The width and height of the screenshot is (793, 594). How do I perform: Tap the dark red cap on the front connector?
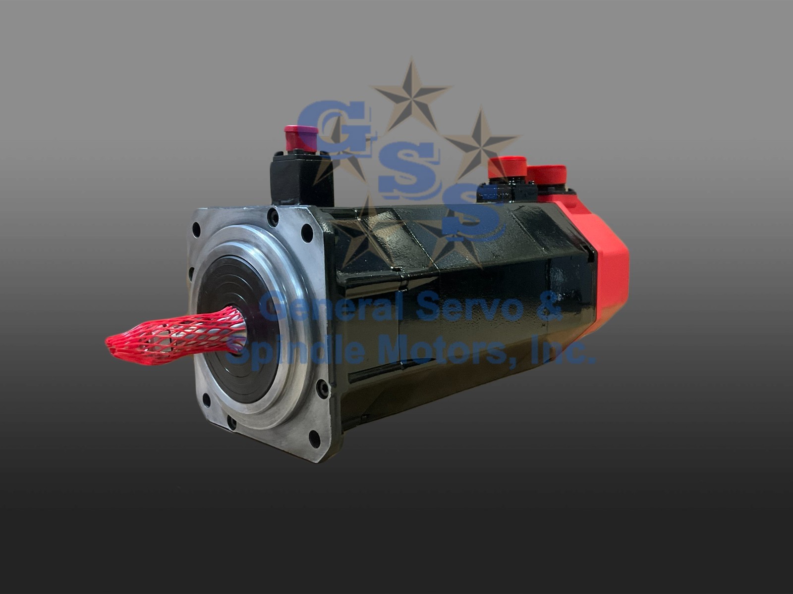300,138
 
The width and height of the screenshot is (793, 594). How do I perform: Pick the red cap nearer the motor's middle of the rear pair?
507,168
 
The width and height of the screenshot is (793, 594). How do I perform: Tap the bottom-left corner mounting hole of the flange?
206,399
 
